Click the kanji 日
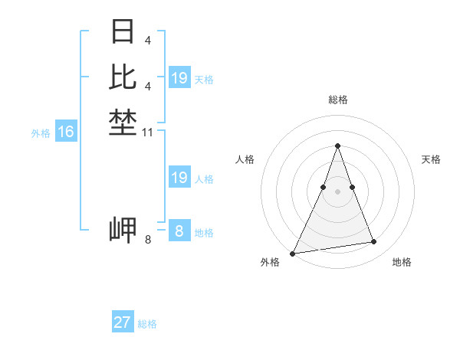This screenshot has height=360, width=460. pos(123,31)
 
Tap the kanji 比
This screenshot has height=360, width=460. pos(123,77)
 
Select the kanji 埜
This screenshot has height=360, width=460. pos(123,122)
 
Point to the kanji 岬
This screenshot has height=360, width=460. pos(123,230)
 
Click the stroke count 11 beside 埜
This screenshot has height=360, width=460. pos(148,133)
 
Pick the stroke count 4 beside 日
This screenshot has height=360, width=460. pos(147,39)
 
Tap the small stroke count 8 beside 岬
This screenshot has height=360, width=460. pos(148,241)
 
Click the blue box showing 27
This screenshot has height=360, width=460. pos(123,322)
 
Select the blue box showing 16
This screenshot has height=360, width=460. pos(66,132)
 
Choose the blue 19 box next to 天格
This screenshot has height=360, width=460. pos(179,78)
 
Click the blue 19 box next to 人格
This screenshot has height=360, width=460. pos(179,178)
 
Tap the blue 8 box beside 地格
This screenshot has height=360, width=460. pos(179,231)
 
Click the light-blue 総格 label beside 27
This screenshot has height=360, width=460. pos(148,324)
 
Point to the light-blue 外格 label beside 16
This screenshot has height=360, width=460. pos(41,133)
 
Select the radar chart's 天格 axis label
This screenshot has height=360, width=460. pos(431,159)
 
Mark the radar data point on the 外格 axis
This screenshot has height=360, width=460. pos(293,253)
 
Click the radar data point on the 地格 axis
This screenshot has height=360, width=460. pos(374,242)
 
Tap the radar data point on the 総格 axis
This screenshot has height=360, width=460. pos(337,146)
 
